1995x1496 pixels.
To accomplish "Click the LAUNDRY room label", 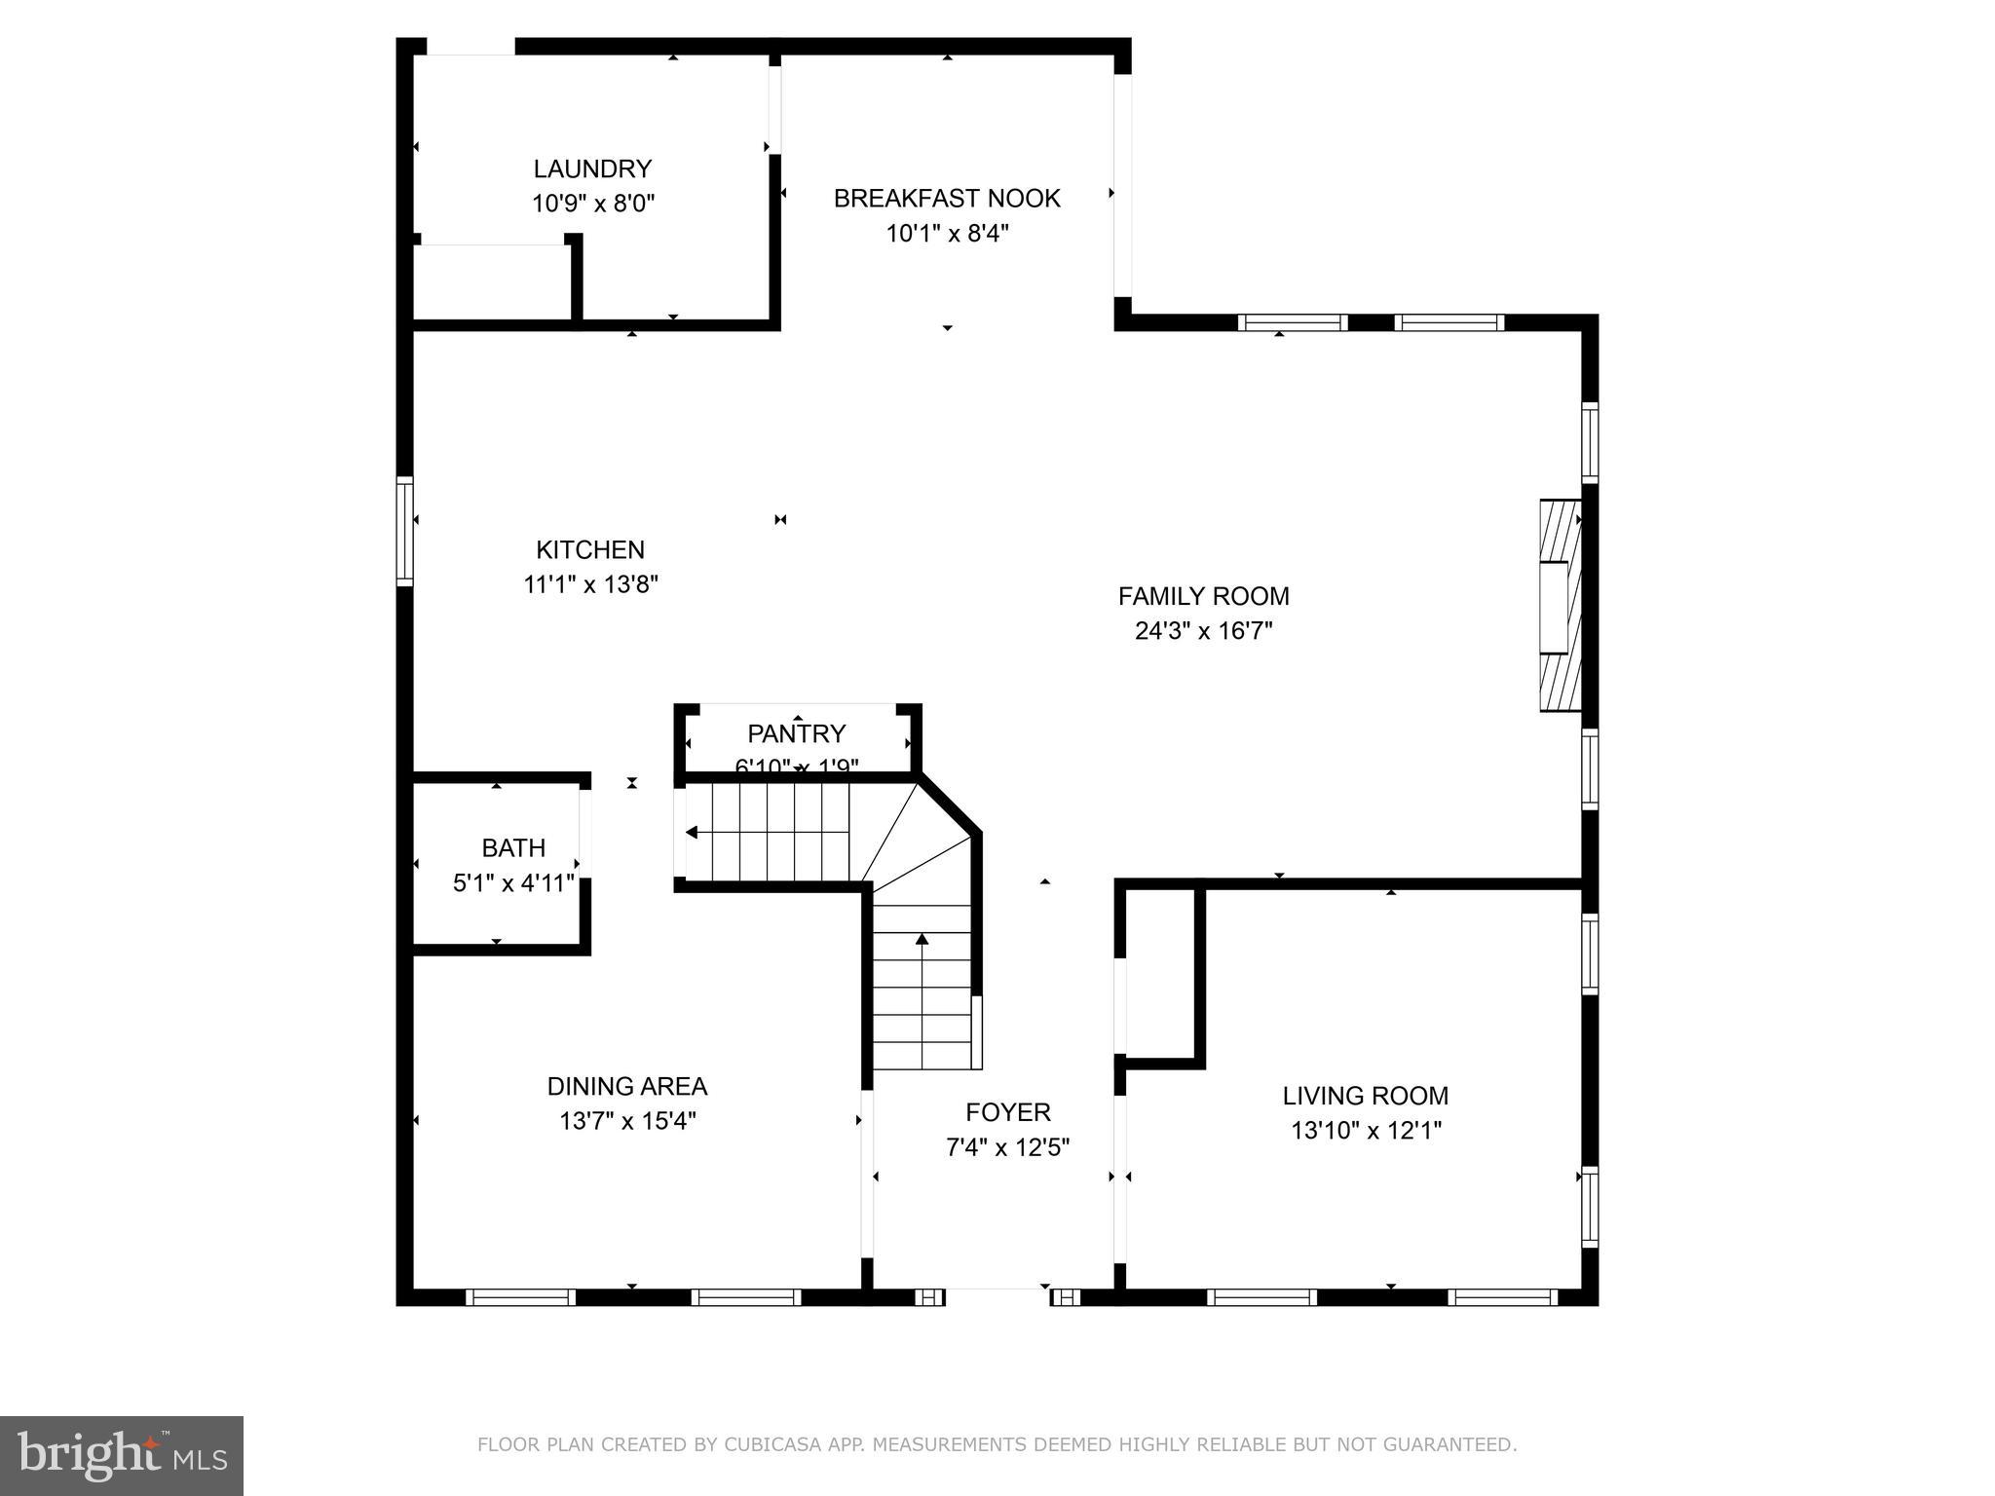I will pyautogui.click(x=592, y=168).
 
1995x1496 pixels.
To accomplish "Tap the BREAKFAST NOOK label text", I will pyautogui.click(x=946, y=199).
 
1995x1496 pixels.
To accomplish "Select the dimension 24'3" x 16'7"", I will pyautogui.click(x=1203, y=631).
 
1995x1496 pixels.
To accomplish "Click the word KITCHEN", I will pyautogui.click(x=590, y=550).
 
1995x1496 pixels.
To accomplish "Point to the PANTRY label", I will pyautogui.click(x=796, y=733).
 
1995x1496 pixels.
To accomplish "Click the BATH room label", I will pyautogui.click(x=513, y=847).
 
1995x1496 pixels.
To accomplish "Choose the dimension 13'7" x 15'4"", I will pyautogui.click(x=627, y=1121).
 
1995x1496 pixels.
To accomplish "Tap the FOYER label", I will pyautogui.click(x=1007, y=1112).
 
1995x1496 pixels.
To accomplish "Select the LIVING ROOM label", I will pyautogui.click(x=1365, y=1096).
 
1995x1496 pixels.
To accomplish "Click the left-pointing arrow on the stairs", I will pyautogui.click(x=694, y=832).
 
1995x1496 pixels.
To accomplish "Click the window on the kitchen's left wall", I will pyautogui.click(x=404, y=531).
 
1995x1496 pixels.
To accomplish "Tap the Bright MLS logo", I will pyautogui.click(x=122, y=1455).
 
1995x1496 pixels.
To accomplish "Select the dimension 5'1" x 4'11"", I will pyautogui.click(x=513, y=883).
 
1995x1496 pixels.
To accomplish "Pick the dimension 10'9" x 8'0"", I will pyautogui.click(x=592, y=204).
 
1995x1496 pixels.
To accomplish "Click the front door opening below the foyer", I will pyautogui.click(x=997, y=1295).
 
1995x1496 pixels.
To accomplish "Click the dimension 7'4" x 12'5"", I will pyautogui.click(x=1007, y=1147).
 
